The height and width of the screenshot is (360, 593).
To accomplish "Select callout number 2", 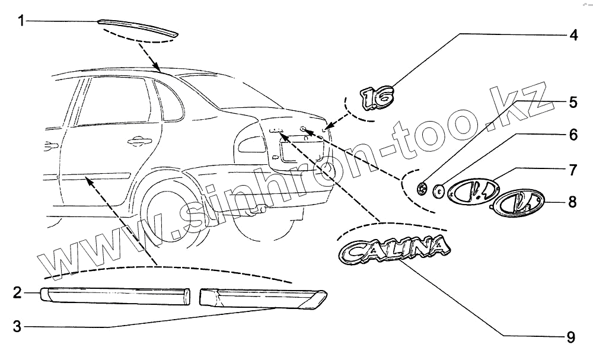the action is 18,292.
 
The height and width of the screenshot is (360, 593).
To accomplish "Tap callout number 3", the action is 18,326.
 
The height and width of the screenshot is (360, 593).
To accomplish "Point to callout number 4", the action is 572,35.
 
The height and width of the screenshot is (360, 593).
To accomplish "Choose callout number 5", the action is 572,102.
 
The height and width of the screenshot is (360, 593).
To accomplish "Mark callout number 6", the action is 572,135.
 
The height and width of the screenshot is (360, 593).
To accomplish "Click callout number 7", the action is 572,169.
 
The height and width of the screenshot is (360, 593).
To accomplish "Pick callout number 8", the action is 572,202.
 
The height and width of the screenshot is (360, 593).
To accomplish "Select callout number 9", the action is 570,337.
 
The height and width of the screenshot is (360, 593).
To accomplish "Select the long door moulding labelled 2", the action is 116,295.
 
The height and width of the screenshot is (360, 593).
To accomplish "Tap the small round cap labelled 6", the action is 439,191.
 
